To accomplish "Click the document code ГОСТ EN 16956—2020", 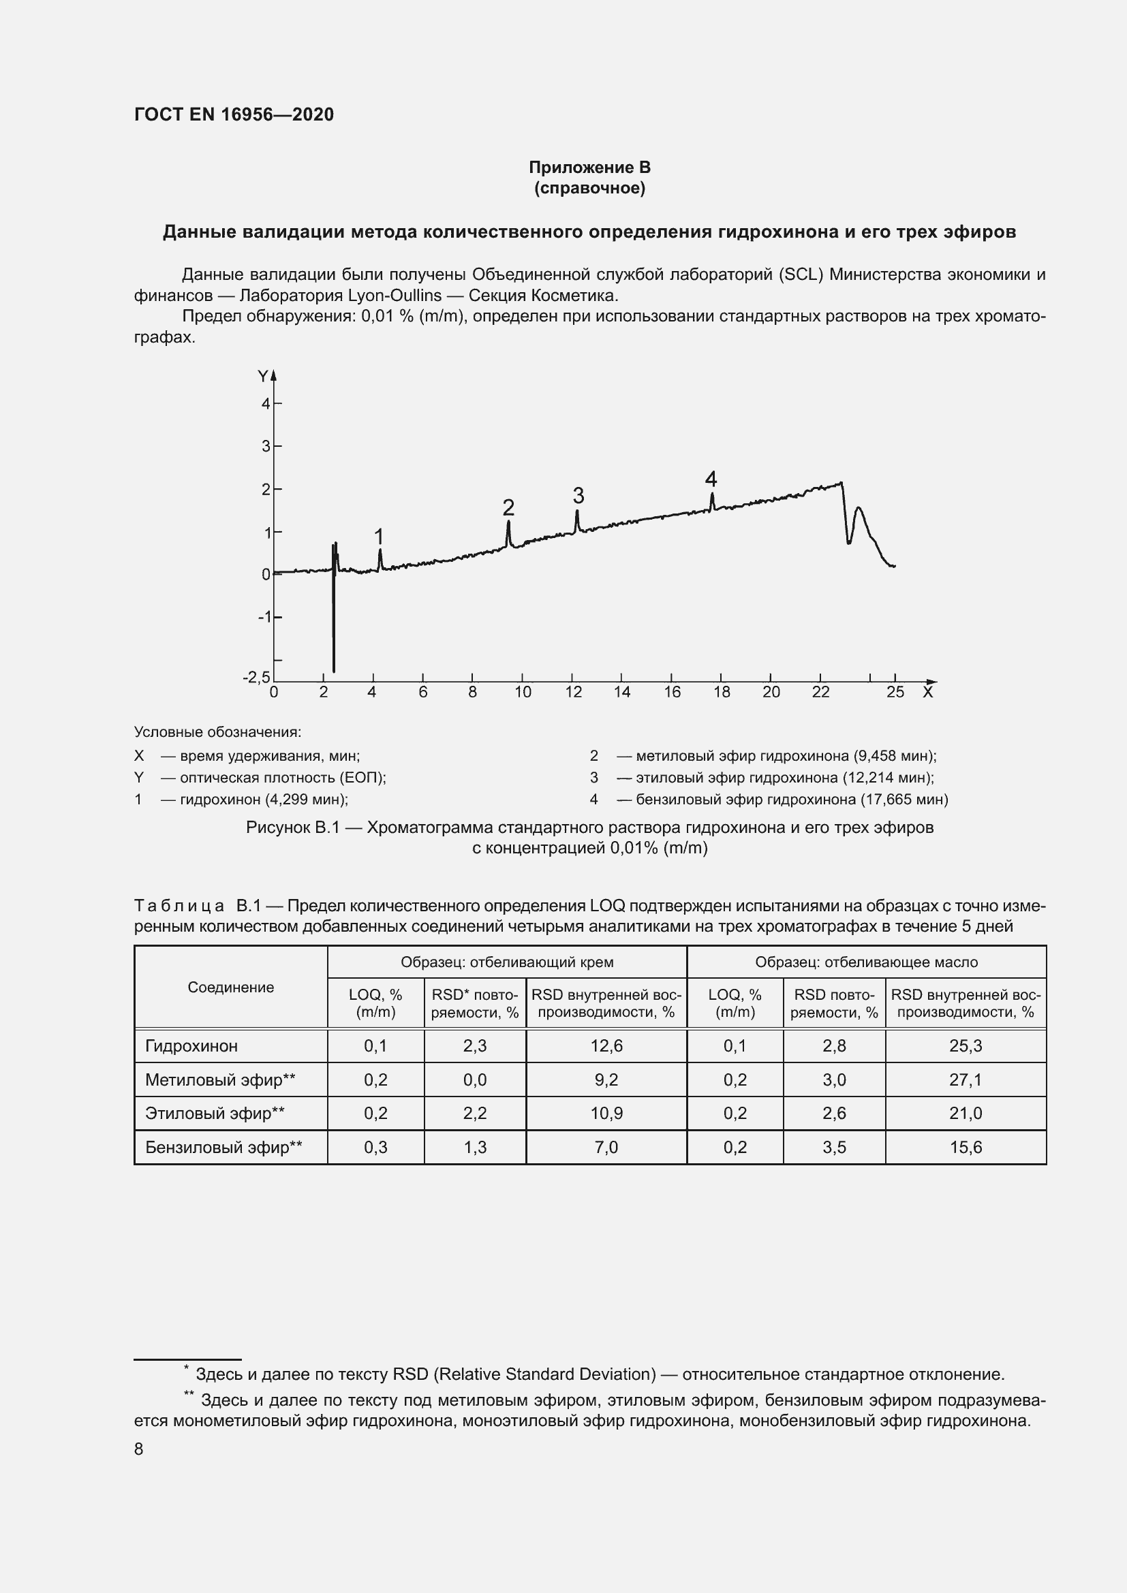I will [234, 114].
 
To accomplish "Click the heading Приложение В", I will [589, 168].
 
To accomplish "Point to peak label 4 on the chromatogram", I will [711, 479].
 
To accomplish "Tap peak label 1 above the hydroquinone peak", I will [379, 536].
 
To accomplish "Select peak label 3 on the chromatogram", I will [578, 495].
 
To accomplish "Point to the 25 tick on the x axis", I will [895, 692].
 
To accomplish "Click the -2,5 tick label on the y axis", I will [256, 676].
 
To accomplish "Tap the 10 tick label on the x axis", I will [523, 692].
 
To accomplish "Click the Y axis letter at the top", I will [262, 377].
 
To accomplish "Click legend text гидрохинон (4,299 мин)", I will [264, 800].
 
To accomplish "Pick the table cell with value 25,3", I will [966, 1045].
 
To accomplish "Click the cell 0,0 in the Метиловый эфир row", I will [475, 1079].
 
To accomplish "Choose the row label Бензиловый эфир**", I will [223, 1148].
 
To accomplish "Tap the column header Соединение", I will [230, 988].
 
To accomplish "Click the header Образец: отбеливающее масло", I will [866, 962].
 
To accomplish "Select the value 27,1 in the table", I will [966, 1079].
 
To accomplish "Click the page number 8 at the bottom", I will [139, 1449].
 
